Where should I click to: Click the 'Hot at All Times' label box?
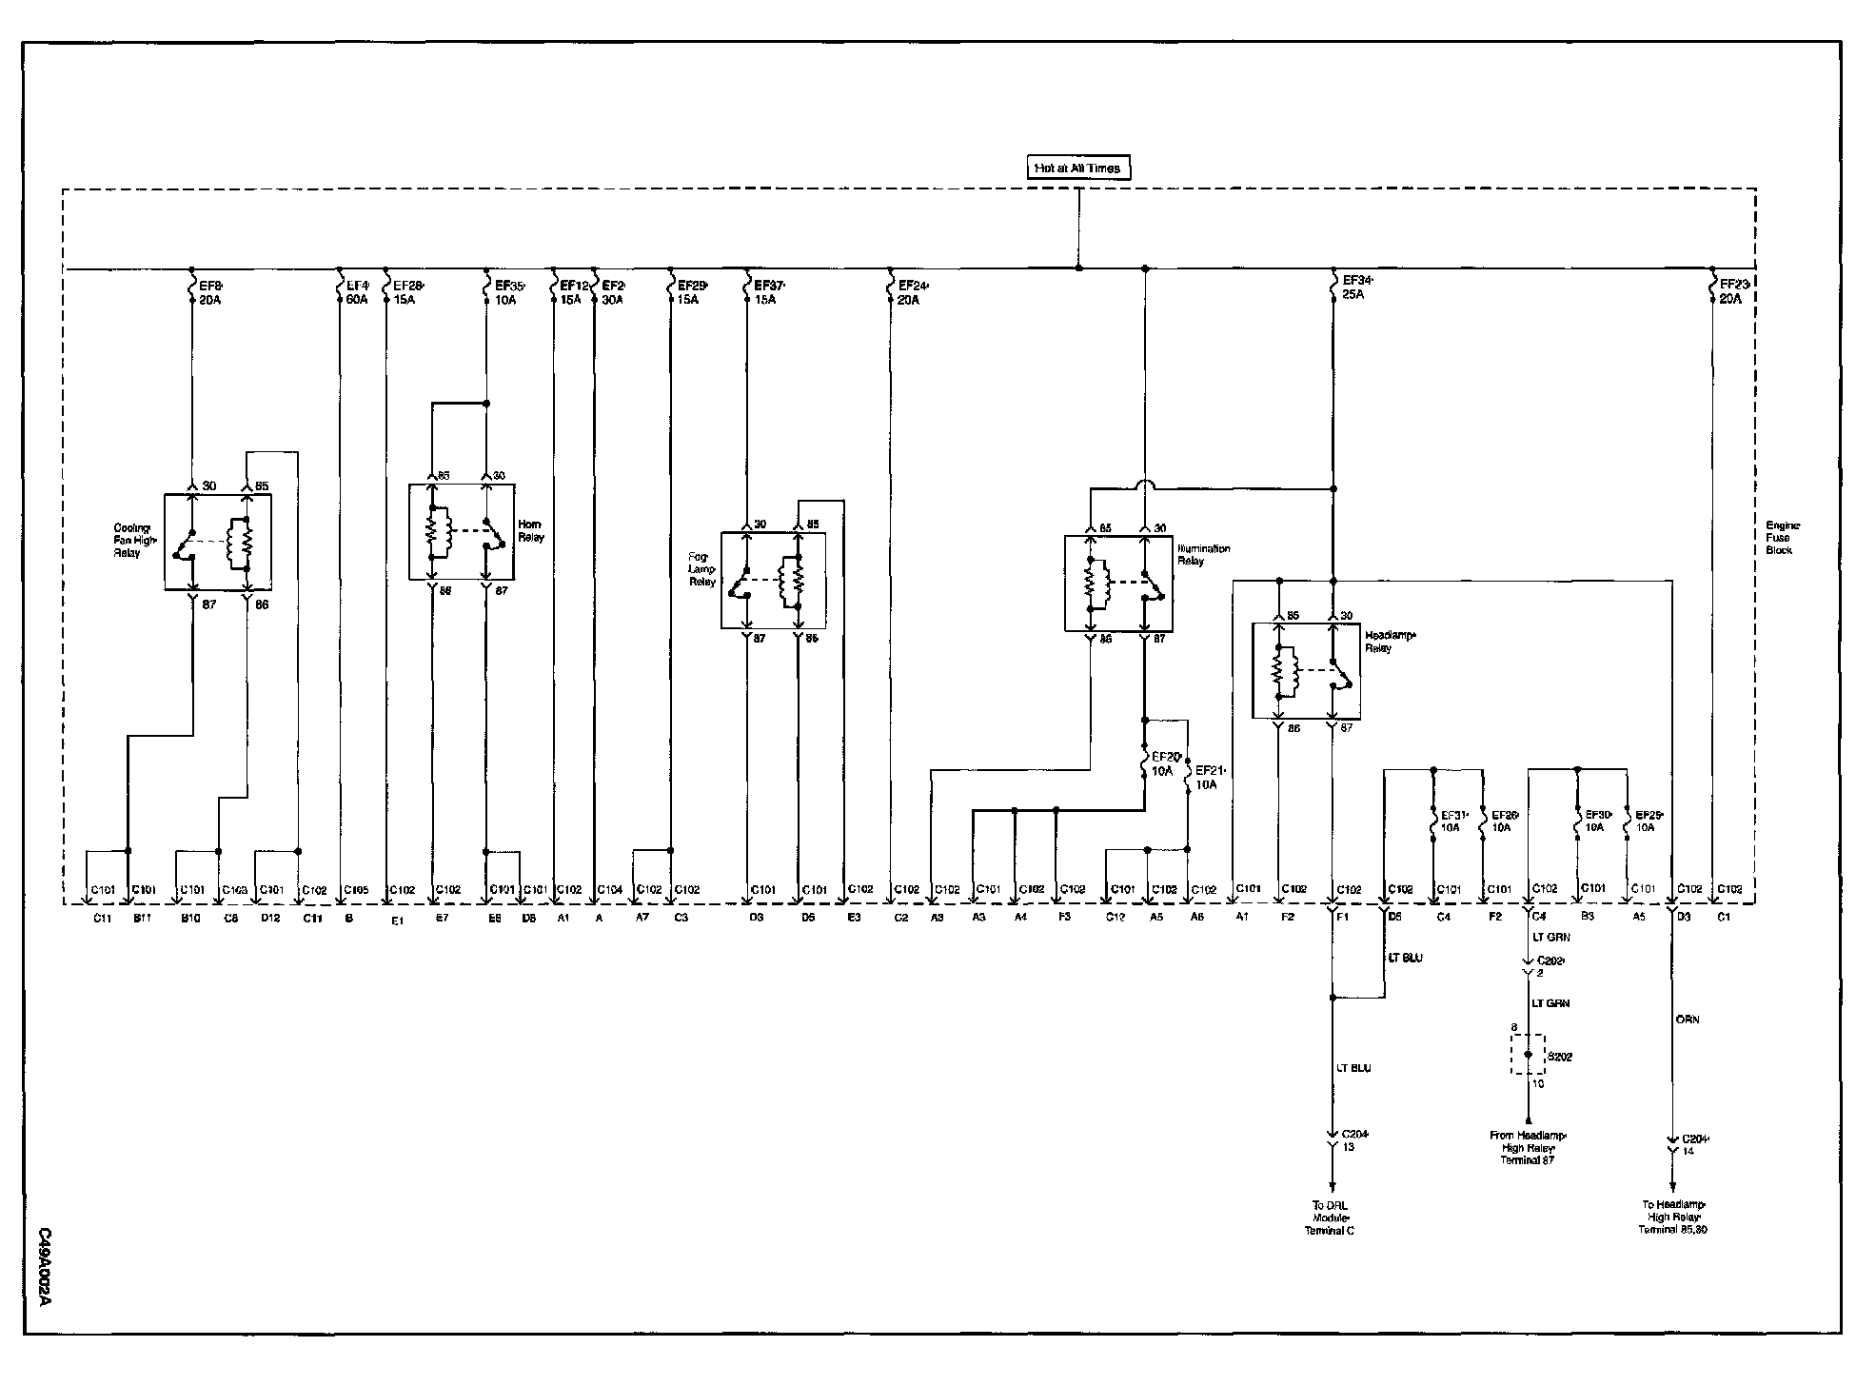pos(1078,168)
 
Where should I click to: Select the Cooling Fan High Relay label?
pos(132,540)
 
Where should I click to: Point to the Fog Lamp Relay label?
pos(703,569)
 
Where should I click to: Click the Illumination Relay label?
pos(1204,554)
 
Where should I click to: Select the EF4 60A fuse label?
pos(357,291)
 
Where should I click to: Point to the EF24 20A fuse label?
pos(909,291)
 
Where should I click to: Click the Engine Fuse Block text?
pos(1779,538)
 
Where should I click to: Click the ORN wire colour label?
pos(1687,1020)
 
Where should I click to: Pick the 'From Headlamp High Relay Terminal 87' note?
pos(1528,1147)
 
